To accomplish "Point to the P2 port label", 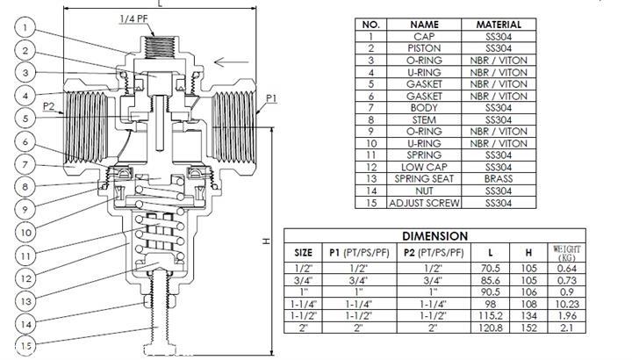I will (x=51, y=106).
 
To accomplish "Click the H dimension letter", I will (x=265, y=241).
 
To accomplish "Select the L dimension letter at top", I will (x=160, y=4).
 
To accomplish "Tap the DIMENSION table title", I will (x=434, y=236).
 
